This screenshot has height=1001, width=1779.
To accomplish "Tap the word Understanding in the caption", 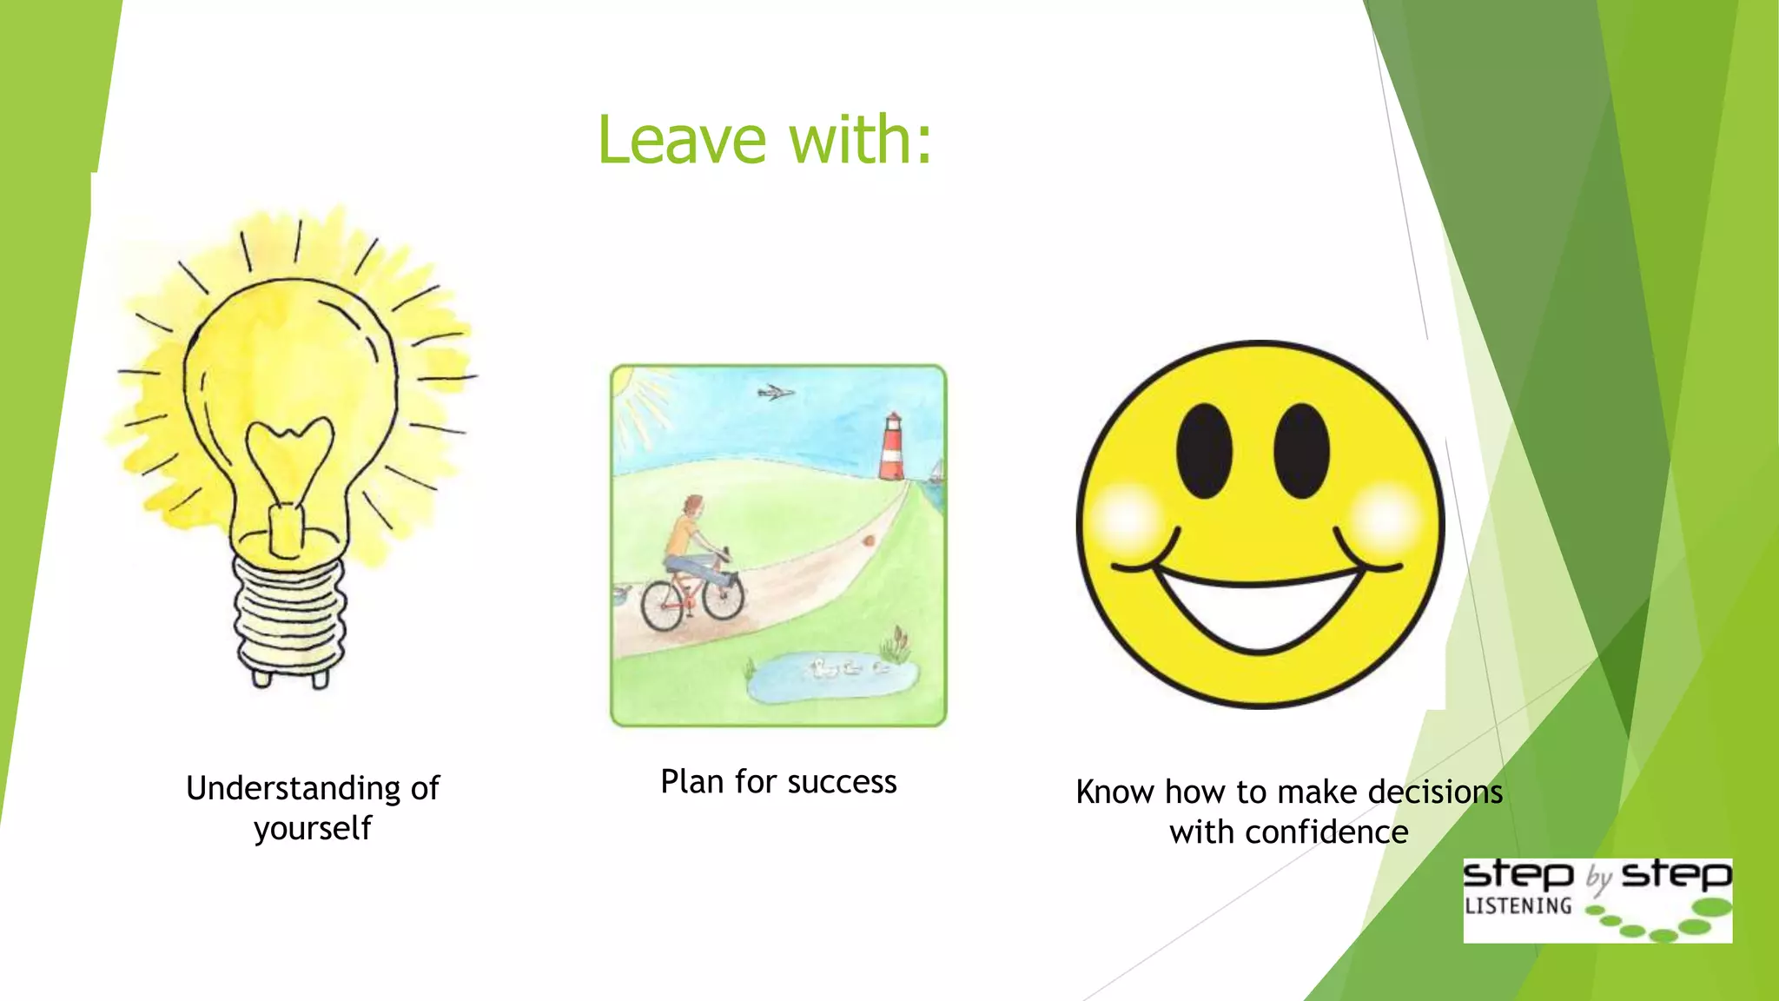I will point(293,788).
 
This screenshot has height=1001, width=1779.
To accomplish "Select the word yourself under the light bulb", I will point(313,828).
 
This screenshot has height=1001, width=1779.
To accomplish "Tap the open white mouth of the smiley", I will point(1259,608).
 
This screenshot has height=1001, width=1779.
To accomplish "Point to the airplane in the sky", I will point(775,393).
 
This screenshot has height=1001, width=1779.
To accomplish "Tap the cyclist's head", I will point(692,506).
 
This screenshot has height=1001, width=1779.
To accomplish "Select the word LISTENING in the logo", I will point(1518,905).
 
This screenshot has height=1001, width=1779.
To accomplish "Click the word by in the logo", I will point(1598,878).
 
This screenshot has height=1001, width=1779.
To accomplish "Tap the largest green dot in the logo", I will point(1713,908).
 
